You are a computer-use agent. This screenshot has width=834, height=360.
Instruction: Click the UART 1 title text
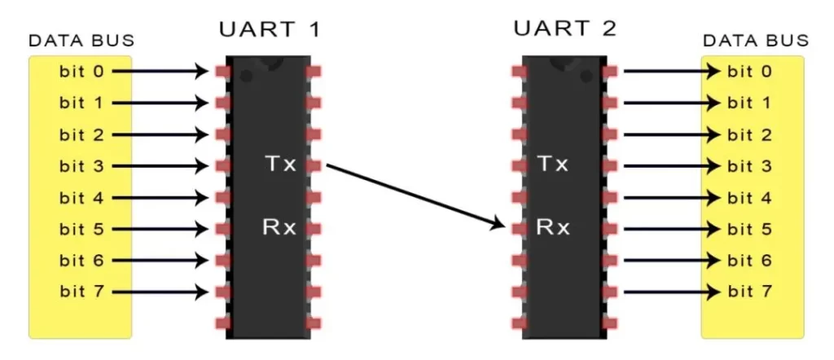point(270,30)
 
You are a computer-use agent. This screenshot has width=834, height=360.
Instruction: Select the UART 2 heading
point(564,30)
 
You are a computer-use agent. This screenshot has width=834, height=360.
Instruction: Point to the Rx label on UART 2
point(551,227)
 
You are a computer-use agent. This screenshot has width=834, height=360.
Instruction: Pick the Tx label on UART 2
point(551,165)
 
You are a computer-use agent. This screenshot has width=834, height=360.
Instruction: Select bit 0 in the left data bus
point(81,71)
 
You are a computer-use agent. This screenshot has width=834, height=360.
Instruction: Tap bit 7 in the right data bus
point(749,291)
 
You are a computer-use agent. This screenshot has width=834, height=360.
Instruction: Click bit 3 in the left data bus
point(81,165)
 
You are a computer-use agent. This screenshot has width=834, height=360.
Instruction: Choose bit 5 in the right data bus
point(749,228)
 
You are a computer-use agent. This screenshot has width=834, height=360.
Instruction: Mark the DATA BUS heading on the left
point(81,41)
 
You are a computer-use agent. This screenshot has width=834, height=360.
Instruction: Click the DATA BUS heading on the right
point(755,41)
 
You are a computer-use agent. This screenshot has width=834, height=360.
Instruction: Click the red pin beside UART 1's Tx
point(314,165)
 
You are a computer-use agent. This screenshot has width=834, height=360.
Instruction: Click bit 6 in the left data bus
point(81,260)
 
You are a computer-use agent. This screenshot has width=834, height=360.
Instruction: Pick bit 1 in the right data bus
point(749,103)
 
